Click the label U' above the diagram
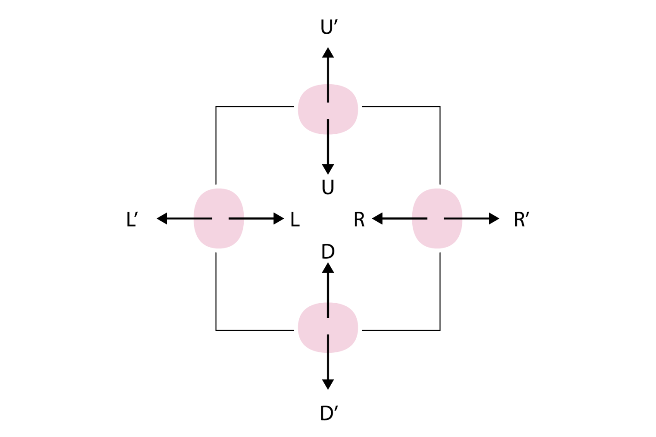pos(328,28)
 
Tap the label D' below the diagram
pos(328,413)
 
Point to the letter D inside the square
pos(328,251)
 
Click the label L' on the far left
pos(132,220)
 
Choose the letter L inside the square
pos(295,220)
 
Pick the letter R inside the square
pos(359,220)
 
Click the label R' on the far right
pos(521,220)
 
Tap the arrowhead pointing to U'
pos(328,53)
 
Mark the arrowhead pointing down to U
pos(328,169)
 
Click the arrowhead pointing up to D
pos(328,268)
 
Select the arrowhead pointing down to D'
pos(328,384)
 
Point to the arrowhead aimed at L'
pos(162,219)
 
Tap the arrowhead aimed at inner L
pos(279,219)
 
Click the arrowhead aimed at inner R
pos(377,219)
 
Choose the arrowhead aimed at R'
pos(494,219)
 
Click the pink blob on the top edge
pos(328,109)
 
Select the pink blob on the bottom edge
pos(328,328)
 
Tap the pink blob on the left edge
pos(219,218)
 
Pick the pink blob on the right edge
pos(437,218)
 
